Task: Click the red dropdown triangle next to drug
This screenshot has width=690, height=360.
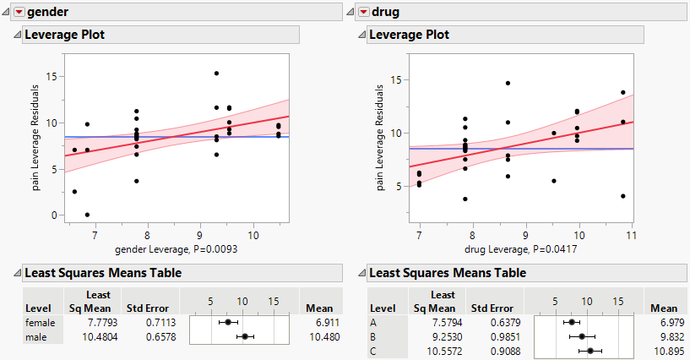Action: [364, 12]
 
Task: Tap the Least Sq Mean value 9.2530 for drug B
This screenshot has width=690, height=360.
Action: [443, 335]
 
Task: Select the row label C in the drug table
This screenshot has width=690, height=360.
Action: [373, 349]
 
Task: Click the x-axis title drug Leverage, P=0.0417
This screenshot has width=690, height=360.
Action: [524, 249]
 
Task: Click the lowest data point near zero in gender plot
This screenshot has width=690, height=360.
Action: [87, 215]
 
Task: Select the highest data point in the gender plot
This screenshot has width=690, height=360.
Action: [216, 74]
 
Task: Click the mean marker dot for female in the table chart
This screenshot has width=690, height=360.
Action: [228, 322]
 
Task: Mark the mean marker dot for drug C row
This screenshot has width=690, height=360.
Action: [591, 349]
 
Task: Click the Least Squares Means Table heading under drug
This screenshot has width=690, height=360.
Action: [448, 273]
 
